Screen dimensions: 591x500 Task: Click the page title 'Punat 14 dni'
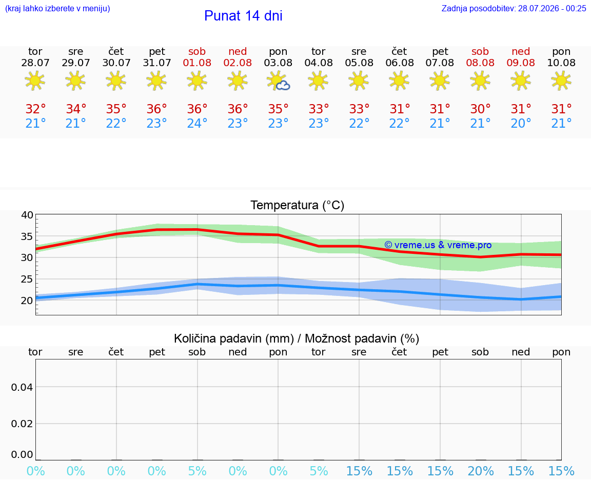243,16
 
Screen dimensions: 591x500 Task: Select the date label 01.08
197,63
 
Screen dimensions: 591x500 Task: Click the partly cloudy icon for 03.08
278,81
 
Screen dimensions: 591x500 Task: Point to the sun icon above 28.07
35,81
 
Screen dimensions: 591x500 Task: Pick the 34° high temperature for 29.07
76,109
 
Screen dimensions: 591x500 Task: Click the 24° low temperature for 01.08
197,123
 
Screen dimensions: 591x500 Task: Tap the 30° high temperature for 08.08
480,109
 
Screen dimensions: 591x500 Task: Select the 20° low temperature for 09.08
521,123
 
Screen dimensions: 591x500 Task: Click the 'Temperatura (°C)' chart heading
298,205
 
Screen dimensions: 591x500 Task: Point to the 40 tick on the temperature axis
27,215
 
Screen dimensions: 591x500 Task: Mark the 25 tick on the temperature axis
27,279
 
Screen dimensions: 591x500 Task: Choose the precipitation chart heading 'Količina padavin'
234,339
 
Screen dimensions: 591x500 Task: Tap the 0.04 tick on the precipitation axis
22,387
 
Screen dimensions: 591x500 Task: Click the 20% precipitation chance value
481,471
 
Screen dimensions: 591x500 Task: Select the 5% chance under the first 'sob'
197,471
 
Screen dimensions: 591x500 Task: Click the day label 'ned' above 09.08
521,52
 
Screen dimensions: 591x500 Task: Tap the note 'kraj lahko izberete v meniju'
57,9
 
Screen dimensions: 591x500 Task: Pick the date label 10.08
561,63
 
